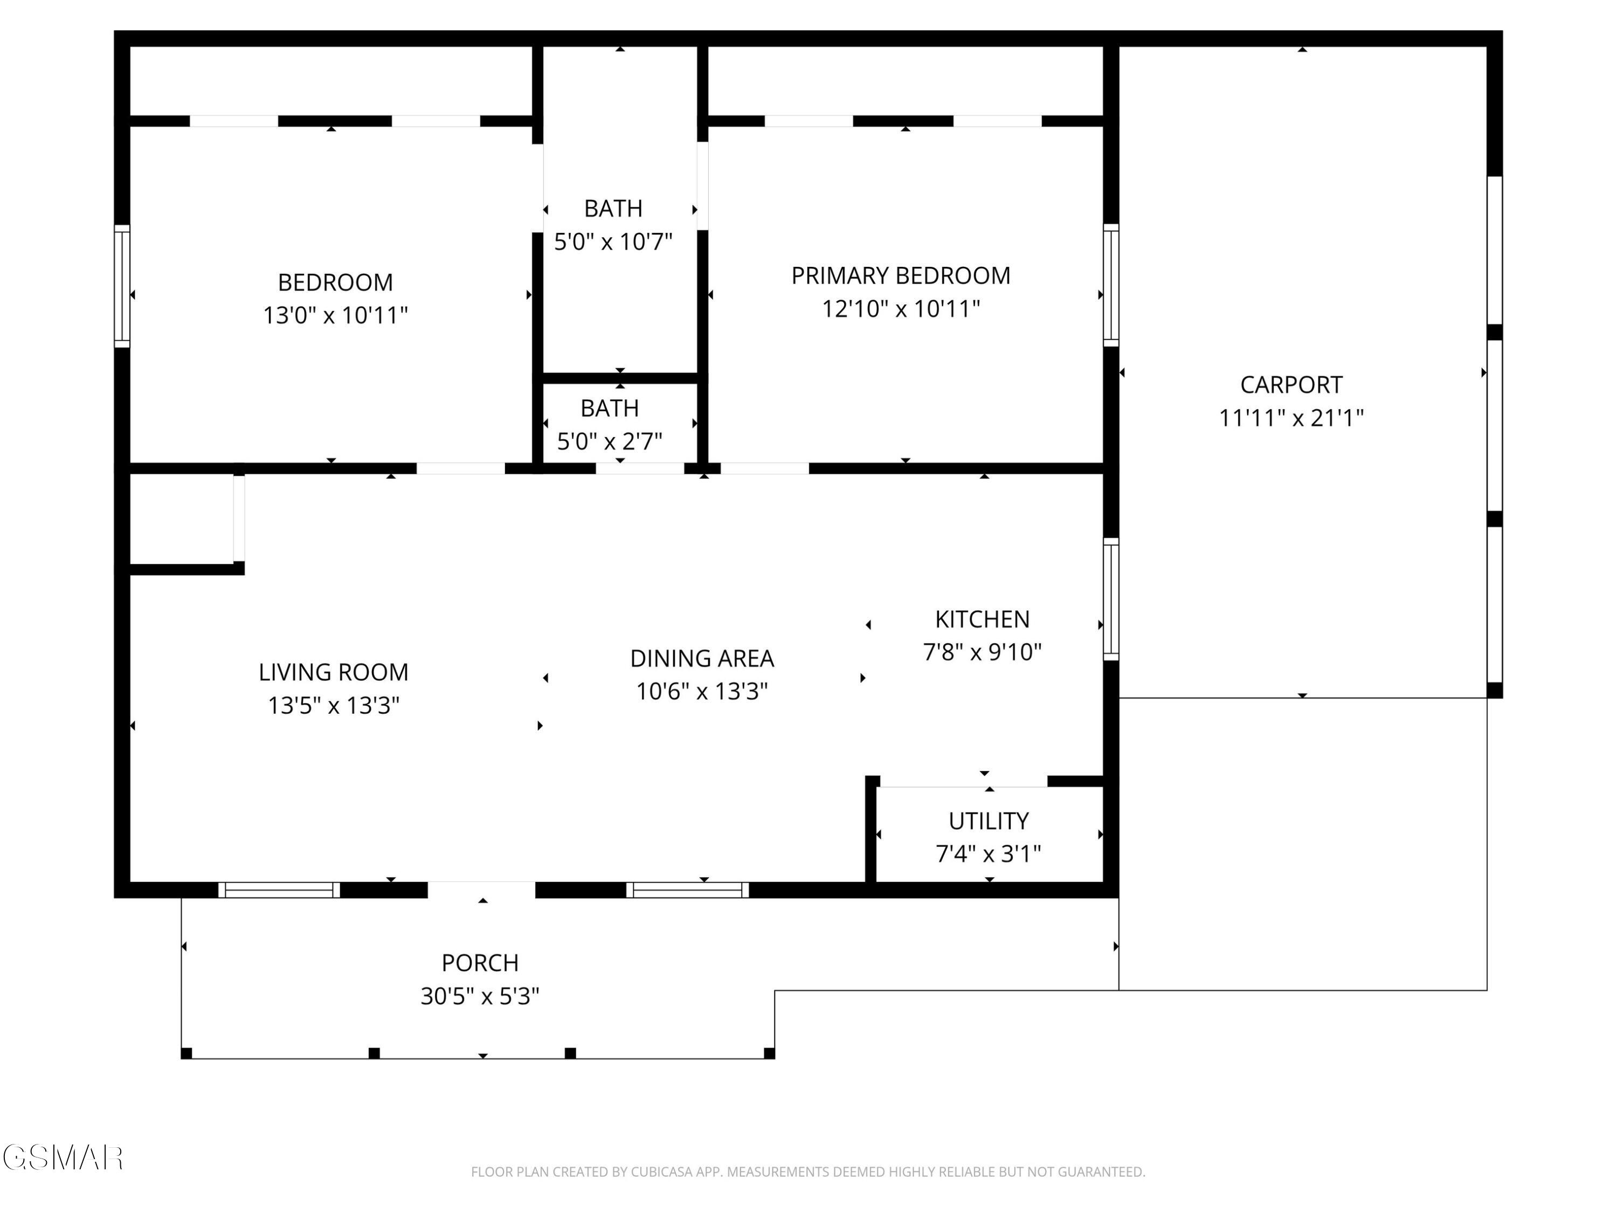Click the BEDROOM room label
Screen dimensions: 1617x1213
coord(336,282)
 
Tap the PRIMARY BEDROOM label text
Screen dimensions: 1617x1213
coord(901,275)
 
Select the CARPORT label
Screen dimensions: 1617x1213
coord(1291,384)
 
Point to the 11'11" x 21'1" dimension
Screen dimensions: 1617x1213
coord(1291,417)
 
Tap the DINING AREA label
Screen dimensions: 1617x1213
coord(702,658)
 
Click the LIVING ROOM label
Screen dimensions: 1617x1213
coord(333,672)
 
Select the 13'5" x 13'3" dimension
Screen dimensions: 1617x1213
coord(333,705)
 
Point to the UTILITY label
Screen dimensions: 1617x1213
coord(989,821)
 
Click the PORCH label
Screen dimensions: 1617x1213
coord(480,963)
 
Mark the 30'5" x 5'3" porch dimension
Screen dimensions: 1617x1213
coord(480,996)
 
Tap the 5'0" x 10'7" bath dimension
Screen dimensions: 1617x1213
coord(613,242)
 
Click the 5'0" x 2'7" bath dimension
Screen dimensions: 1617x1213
coord(610,441)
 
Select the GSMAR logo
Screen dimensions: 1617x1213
coord(63,1157)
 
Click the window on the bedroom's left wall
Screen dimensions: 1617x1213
coord(122,286)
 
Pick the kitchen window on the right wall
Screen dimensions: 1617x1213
coord(1110,599)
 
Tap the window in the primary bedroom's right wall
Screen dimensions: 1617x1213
coord(1110,285)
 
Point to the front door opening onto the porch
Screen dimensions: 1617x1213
coord(482,890)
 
